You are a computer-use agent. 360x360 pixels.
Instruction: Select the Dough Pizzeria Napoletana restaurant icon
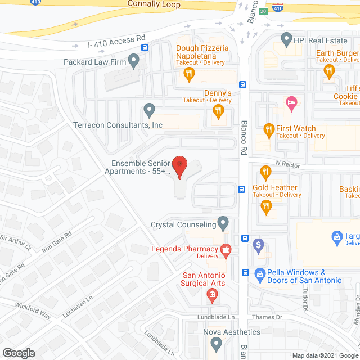click(191, 73)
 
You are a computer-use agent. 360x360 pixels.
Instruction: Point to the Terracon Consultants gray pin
click(149, 109)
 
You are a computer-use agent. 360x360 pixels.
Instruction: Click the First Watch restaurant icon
click(269, 130)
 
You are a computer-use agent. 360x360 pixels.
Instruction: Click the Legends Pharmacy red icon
click(226, 251)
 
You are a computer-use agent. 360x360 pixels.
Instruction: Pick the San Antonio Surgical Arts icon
click(212, 294)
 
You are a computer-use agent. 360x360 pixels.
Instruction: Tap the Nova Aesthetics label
click(231, 332)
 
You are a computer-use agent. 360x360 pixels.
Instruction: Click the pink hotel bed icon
click(291, 102)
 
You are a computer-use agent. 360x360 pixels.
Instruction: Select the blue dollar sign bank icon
click(259, 245)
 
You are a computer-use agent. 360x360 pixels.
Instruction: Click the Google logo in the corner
click(18, 353)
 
